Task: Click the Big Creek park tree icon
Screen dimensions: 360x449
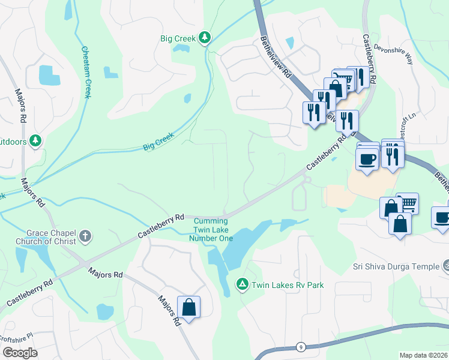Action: tap(205, 38)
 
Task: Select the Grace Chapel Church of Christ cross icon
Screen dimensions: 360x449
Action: tap(85, 236)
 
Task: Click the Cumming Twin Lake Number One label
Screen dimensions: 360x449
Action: tap(211, 230)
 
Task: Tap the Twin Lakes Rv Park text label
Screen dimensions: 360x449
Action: tap(288, 285)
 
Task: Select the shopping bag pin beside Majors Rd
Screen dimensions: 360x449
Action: tap(188, 307)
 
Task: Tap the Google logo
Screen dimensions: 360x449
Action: tap(20, 353)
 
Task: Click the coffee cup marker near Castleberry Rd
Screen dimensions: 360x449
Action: tap(367, 159)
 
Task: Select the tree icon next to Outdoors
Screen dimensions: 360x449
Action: tap(37, 140)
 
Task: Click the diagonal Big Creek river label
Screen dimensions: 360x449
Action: tap(158, 142)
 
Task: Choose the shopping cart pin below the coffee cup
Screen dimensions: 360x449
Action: tap(407, 203)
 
